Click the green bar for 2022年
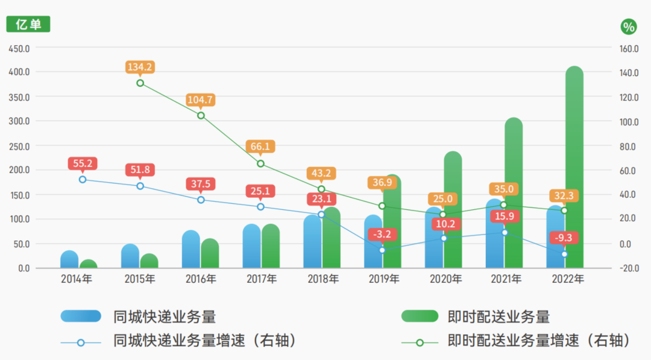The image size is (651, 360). pos(574,169)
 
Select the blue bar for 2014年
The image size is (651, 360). pos(69,260)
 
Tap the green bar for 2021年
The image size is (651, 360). pos(514,193)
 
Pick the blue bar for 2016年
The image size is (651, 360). pos(191,250)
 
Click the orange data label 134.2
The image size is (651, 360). pos(140,66)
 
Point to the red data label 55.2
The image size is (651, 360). pos(83,163)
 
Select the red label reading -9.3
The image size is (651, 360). pos(565,237)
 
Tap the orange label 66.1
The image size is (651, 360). pos(260,147)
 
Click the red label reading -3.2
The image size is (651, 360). pos(382,234)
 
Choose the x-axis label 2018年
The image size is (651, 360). pos(322,279)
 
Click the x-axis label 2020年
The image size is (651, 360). pos(445,279)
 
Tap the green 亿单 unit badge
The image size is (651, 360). pos(28,25)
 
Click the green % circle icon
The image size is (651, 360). pos(629,27)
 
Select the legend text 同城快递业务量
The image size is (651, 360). pos(164,316)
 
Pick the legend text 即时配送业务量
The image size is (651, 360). pos(498,316)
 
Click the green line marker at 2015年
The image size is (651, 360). pos(140,83)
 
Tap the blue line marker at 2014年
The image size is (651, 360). pos(83,179)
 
